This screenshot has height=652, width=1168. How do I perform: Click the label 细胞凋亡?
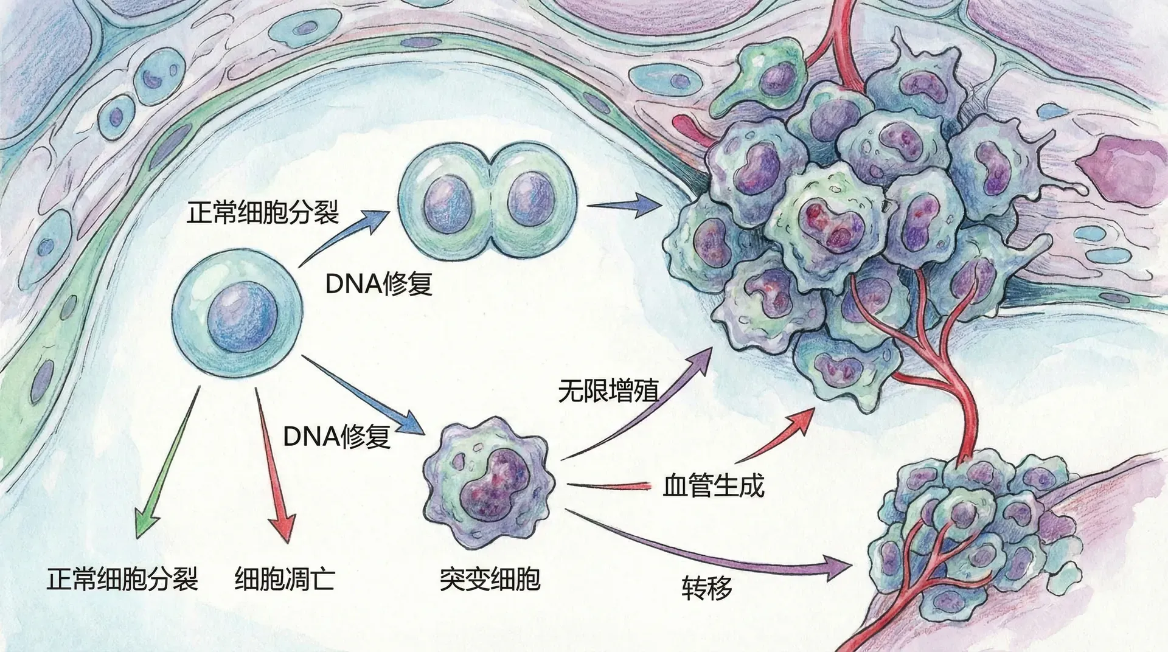pyautogui.click(x=285, y=579)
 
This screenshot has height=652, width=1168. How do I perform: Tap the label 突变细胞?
pyautogui.click(x=490, y=579)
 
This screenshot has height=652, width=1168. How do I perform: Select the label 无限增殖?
pyautogui.click(x=608, y=391)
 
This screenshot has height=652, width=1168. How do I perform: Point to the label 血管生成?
pyautogui.click(x=713, y=487)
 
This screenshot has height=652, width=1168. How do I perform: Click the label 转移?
pyautogui.click(x=707, y=588)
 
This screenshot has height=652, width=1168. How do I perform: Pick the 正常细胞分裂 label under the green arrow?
pyautogui.click(x=122, y=579)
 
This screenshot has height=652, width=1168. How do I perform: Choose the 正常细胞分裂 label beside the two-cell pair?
pyautogui.click(x=262, y=213)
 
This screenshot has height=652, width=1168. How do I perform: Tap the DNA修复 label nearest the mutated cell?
pyautogui.click(x=336, y=436)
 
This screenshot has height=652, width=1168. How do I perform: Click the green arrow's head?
pyautogui.click(x=145, y=523)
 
